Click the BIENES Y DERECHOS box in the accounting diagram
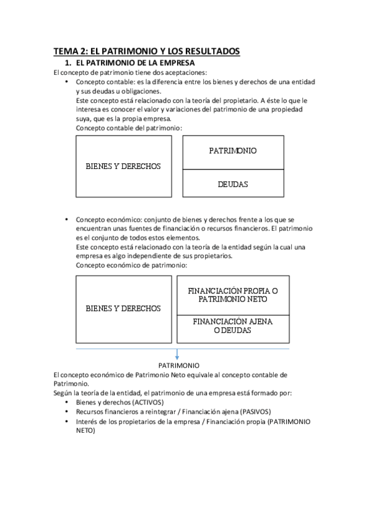click(123, 166)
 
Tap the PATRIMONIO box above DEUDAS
click(233, 152)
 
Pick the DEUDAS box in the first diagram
click(233, 184)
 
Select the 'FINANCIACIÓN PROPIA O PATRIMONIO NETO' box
click(233, 295)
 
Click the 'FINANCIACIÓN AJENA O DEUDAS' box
click(233, 326)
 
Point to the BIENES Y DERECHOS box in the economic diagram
click(123, 308)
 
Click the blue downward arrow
click(177, 356)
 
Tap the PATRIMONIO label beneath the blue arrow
click(178, 366)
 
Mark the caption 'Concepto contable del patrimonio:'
click(129, 128)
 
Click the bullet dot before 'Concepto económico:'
click(67, 220)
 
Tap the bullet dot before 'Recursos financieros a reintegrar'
click(67, 411)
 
